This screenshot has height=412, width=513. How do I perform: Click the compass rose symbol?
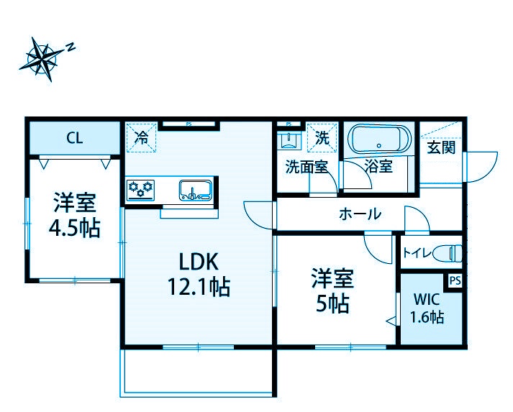pos(43,59)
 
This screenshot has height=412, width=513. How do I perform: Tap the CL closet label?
pos(74,137)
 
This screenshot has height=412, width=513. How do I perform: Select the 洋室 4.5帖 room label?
pos(74,216)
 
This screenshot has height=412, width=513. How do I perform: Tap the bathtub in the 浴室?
pos(378,139)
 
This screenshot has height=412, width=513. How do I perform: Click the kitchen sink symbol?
pos(195,190)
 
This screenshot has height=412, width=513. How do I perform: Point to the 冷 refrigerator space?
pos(143,137)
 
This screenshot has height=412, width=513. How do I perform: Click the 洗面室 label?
pos(307,167)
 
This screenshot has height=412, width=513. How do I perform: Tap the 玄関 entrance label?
pos(441,149)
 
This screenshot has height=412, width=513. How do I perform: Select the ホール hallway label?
pos(359,214)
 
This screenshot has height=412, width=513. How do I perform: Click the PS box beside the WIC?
pos(454,280)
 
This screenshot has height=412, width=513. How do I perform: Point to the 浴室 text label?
pos(378,167)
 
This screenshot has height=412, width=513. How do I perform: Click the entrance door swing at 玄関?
pos(481,168)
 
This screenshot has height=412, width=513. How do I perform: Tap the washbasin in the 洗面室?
pos(289,139)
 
